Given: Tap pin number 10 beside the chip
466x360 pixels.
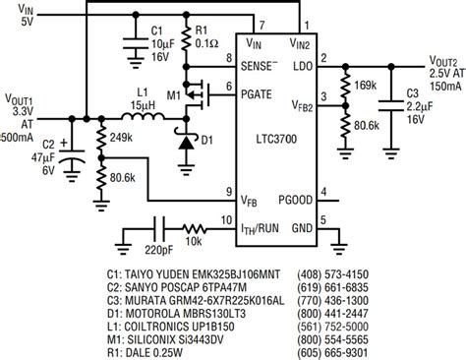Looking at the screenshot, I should [x=227, y=220].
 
